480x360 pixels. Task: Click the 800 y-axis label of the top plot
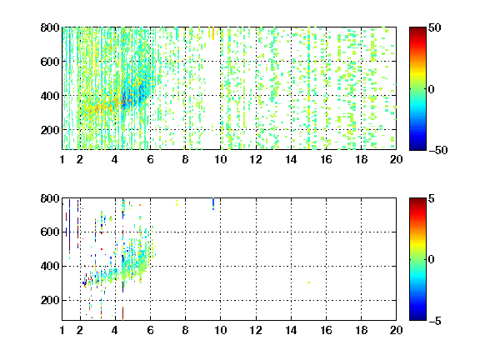(50, 27)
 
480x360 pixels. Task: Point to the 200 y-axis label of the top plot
(50, 130)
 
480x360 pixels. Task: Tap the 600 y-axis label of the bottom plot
(50, 232)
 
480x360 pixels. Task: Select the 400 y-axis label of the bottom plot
(50, 266)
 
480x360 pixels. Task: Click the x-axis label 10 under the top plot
(220, 159)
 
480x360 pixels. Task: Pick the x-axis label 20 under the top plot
(396, 159)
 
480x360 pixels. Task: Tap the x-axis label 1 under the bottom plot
(62, 330)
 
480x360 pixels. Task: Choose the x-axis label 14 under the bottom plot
(291, 330)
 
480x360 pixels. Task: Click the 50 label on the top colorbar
(434, 27)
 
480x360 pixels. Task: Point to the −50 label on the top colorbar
(437, 150)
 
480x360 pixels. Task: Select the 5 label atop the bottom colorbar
(432, 198)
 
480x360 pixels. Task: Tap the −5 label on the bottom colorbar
(435, 321)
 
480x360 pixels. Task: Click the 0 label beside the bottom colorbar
(432, 260)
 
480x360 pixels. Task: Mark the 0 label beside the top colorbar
(432, 89)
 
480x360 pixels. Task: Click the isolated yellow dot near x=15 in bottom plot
(308, 282)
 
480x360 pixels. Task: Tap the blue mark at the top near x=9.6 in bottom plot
(213, 204)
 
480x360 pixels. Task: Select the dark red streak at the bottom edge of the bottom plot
(122, 313)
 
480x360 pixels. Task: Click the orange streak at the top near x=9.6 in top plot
(213, 33)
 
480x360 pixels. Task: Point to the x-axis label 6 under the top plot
(150, 159)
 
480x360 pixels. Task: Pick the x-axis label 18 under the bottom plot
(361, 330)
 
